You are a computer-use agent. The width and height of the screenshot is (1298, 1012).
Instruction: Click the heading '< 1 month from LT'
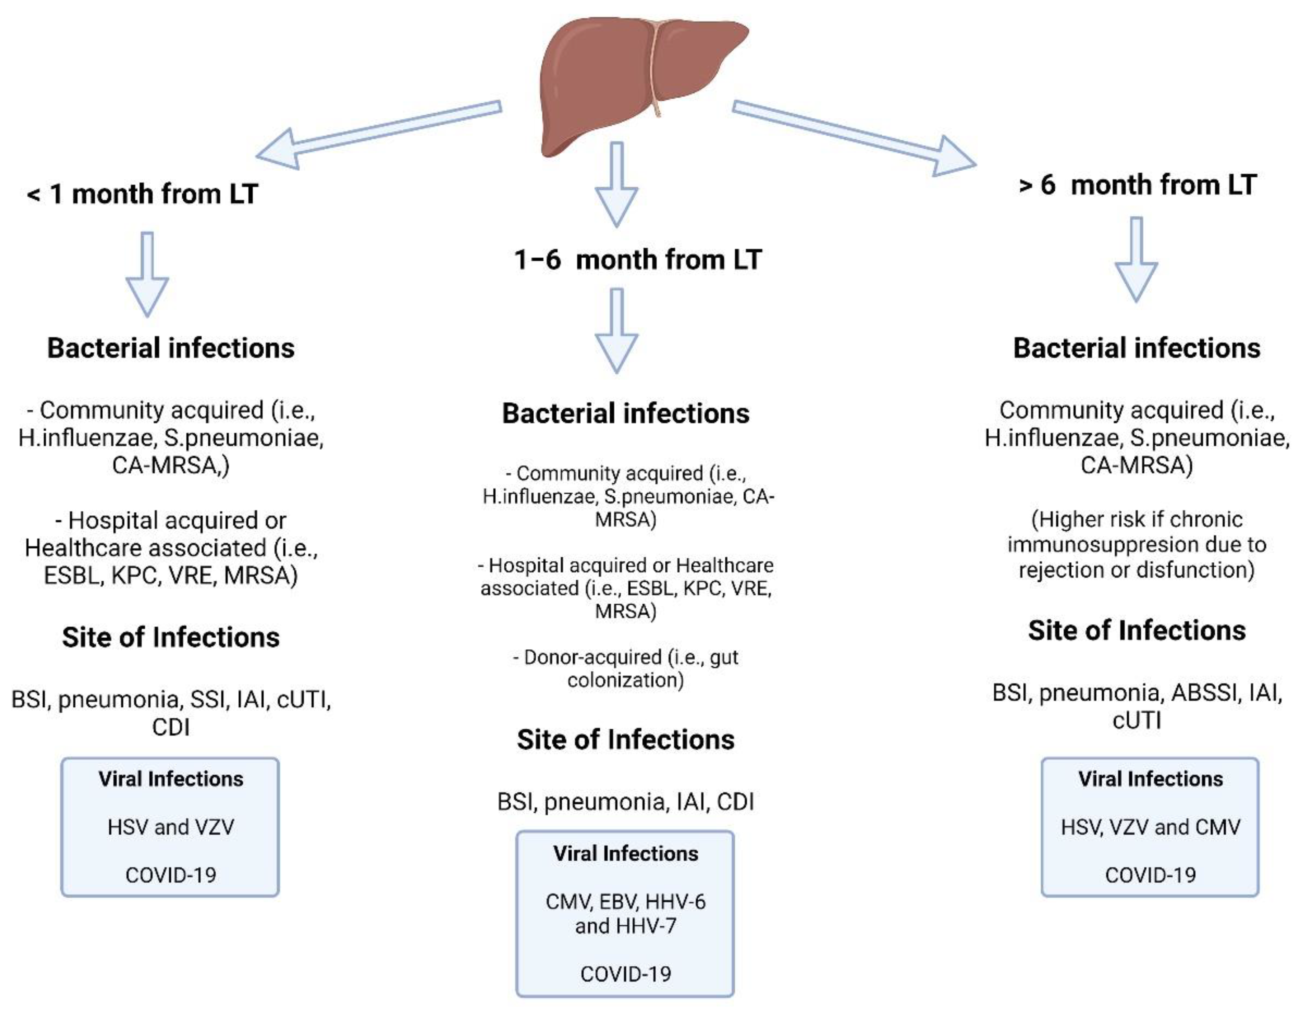pos(142,194)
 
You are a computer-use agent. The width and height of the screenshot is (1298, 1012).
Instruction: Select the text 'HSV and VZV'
pos(171,826)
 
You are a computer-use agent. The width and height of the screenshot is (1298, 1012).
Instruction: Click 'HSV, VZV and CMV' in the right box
pos(1150,826)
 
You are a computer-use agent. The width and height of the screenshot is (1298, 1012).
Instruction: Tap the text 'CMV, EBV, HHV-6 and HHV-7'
pos(625,913)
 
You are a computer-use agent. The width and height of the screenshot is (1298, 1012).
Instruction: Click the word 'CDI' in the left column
pos(171,727)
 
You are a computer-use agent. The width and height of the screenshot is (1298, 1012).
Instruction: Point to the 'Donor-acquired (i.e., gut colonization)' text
pos(625,669)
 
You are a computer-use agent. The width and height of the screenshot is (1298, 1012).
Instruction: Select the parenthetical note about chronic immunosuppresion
pos(1136,544)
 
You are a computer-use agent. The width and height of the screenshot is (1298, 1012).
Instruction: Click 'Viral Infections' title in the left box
pos(171,779)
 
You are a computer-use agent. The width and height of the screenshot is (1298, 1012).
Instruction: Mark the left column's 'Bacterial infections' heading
pos(171,348)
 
